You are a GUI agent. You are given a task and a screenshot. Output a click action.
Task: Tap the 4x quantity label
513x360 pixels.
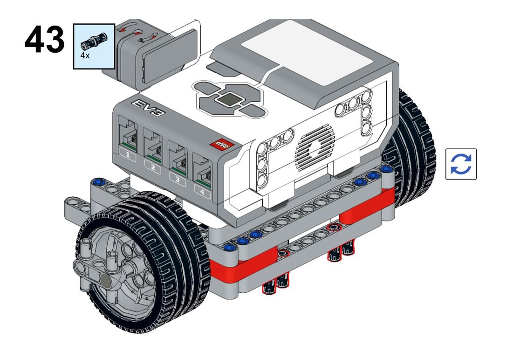(x=85, y=55)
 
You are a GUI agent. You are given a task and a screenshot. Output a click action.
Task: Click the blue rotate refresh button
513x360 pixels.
(x=461, y=164)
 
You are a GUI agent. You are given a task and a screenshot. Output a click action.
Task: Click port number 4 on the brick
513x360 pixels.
(x=202, y=175)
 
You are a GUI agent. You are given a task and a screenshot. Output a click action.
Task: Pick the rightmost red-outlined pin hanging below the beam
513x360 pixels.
(x=349, y=249)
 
